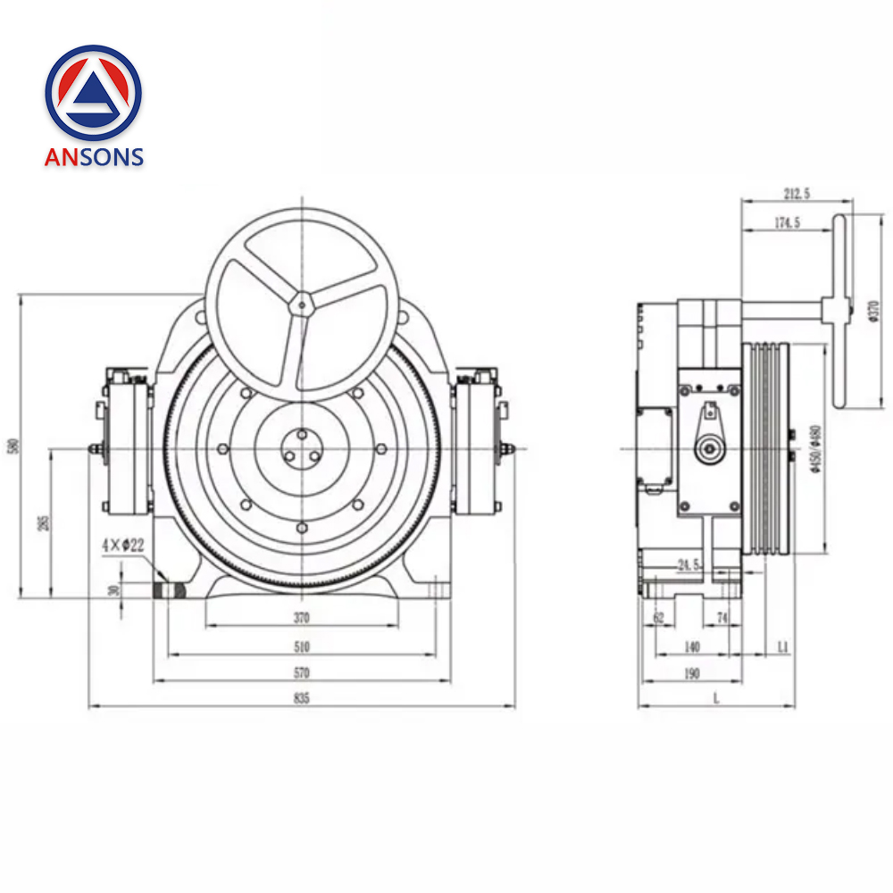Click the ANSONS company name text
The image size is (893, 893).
94,157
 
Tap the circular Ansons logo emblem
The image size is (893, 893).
94,92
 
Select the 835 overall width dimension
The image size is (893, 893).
301,699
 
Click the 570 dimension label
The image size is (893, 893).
301,672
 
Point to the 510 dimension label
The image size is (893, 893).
301,647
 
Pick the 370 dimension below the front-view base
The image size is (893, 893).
301,617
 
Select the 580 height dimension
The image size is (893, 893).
13,445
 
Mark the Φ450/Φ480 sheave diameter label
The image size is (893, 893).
814,452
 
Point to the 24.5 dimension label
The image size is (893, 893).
689,565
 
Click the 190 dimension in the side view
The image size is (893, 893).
690,673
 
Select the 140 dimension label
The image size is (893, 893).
690,647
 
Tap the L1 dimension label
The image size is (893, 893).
783,645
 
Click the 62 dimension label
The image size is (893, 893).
659,617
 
